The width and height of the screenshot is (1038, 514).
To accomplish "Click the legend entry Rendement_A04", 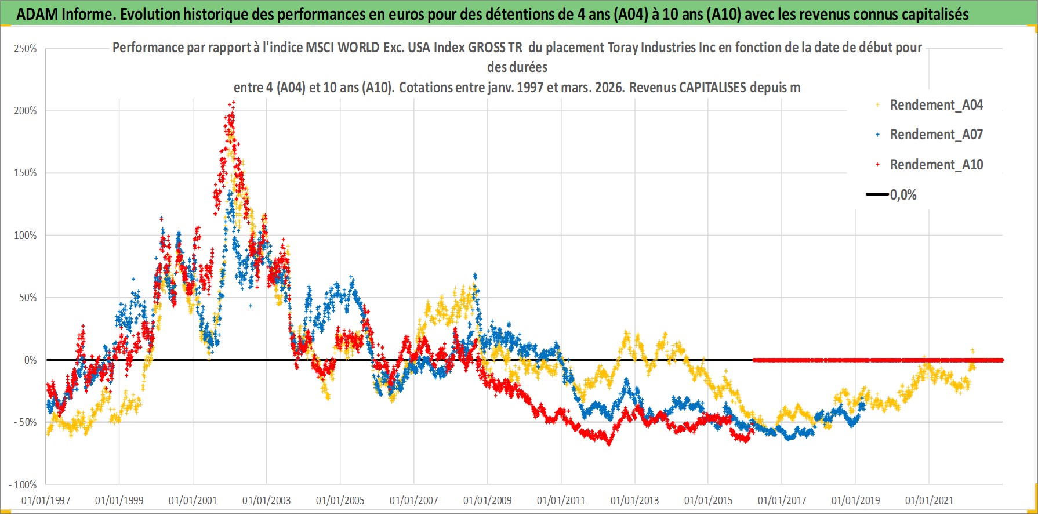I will pos(936,105).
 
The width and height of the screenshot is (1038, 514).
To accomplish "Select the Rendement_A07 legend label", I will pos(936,135).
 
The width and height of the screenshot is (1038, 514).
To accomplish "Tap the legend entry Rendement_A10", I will pos(936,165).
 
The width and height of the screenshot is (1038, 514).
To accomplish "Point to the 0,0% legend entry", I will pos(903,195).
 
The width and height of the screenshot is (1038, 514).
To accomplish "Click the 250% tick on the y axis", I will pos(26,49).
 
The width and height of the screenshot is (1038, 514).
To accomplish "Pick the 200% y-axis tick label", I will pos(26,111).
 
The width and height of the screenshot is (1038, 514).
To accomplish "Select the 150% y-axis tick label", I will pos(26,173).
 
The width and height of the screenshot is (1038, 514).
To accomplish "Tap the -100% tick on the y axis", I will pos(23,484).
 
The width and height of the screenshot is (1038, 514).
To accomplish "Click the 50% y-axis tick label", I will pos(27,298).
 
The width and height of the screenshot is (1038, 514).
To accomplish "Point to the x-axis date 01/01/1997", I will pos(46,500).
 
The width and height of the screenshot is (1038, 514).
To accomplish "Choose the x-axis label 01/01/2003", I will pos(267,500).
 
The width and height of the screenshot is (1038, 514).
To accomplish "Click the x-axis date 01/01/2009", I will pos(488,500).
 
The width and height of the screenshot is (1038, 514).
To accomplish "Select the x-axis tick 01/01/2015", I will pos(709,500).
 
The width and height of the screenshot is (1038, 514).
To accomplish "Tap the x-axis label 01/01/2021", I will pos(930,500).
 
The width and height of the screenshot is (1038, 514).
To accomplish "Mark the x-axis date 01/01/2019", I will pos(856,500).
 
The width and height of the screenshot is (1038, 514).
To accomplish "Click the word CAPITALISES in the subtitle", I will pos(712,88).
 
